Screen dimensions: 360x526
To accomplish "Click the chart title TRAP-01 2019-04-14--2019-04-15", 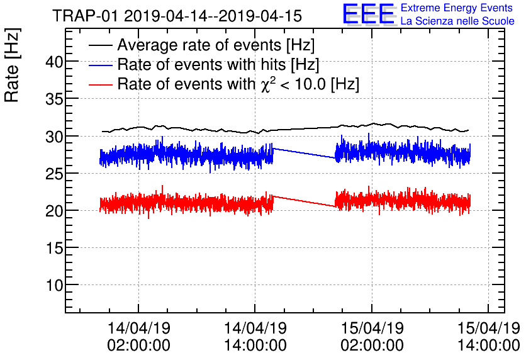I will point(177,15).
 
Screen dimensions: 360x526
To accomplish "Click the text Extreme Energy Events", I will point(456,8).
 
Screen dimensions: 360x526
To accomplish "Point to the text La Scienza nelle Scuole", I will point(457,21).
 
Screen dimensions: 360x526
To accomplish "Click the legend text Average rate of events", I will point(216,46).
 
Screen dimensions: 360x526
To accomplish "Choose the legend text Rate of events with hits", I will point(218,65).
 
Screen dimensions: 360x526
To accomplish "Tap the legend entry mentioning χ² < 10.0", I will point(238,84).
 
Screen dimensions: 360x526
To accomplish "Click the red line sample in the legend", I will point(100,84).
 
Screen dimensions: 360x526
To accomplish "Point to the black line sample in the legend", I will point(100,45).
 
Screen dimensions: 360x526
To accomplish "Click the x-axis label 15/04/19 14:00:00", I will point(488,337).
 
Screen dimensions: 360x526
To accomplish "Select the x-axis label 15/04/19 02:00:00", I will point(371,337).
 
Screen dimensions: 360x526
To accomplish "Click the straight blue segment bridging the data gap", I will point(305,154).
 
